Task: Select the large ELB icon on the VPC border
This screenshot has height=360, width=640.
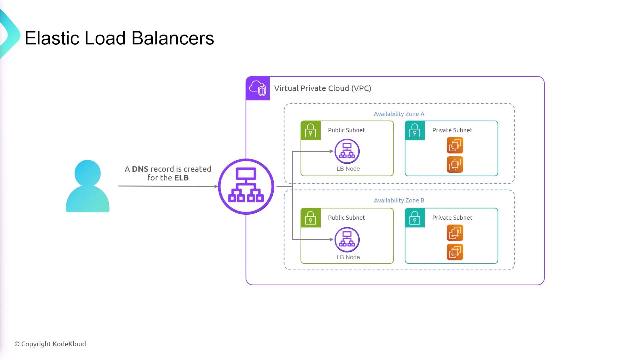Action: pyautogui.click(x=246, y=186)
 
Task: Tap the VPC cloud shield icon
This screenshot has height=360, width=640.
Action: pyautogui.click(x=258, y=88)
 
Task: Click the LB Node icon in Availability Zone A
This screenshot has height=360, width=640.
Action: pyautogui.click(x=347, y=151)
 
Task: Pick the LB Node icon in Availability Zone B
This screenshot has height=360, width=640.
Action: pyautogui.click(x=347, y=240)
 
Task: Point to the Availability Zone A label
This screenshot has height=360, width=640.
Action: pyautogui.click(x=399, y=114)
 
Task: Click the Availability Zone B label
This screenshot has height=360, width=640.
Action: pyautogui.click(x=399, y=200)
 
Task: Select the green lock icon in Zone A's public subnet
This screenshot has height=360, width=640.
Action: pyautogui.click(x=311, y=131)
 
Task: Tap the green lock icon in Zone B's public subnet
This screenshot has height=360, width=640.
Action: pyautogui.click(x=311, y=218)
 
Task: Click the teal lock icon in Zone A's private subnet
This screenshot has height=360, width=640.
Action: pyautogui.click(x=415, y=131)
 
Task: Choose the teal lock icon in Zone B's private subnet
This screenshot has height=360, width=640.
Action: pyautogui.click(x=415, y=218)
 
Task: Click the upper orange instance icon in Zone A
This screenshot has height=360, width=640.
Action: pyautogui.click(x=455, y=145)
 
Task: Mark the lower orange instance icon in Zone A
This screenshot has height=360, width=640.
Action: pyautogui.click(x=455, y=164)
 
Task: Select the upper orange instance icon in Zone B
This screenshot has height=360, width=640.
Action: pyautogui.click(x=455, y=233)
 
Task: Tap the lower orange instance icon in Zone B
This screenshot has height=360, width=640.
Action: pyautogui.click(x=455, y=252)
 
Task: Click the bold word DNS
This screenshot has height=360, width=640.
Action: pyautogui.click(x=140, y=169)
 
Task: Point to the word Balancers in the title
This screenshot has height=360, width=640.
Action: pyautogui.click(x=173, y=38)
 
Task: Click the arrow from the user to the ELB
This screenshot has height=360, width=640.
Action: pyautogui.click(x=167, y=186)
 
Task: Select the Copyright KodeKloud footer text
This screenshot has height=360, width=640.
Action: pyautogui.click(x=50, y=344)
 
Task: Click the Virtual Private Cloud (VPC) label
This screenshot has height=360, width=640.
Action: pyautogui.click(x=322, y=88)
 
